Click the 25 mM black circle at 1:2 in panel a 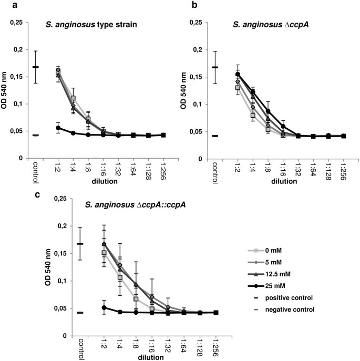(58, 128)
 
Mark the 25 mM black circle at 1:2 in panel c (104, 307)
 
